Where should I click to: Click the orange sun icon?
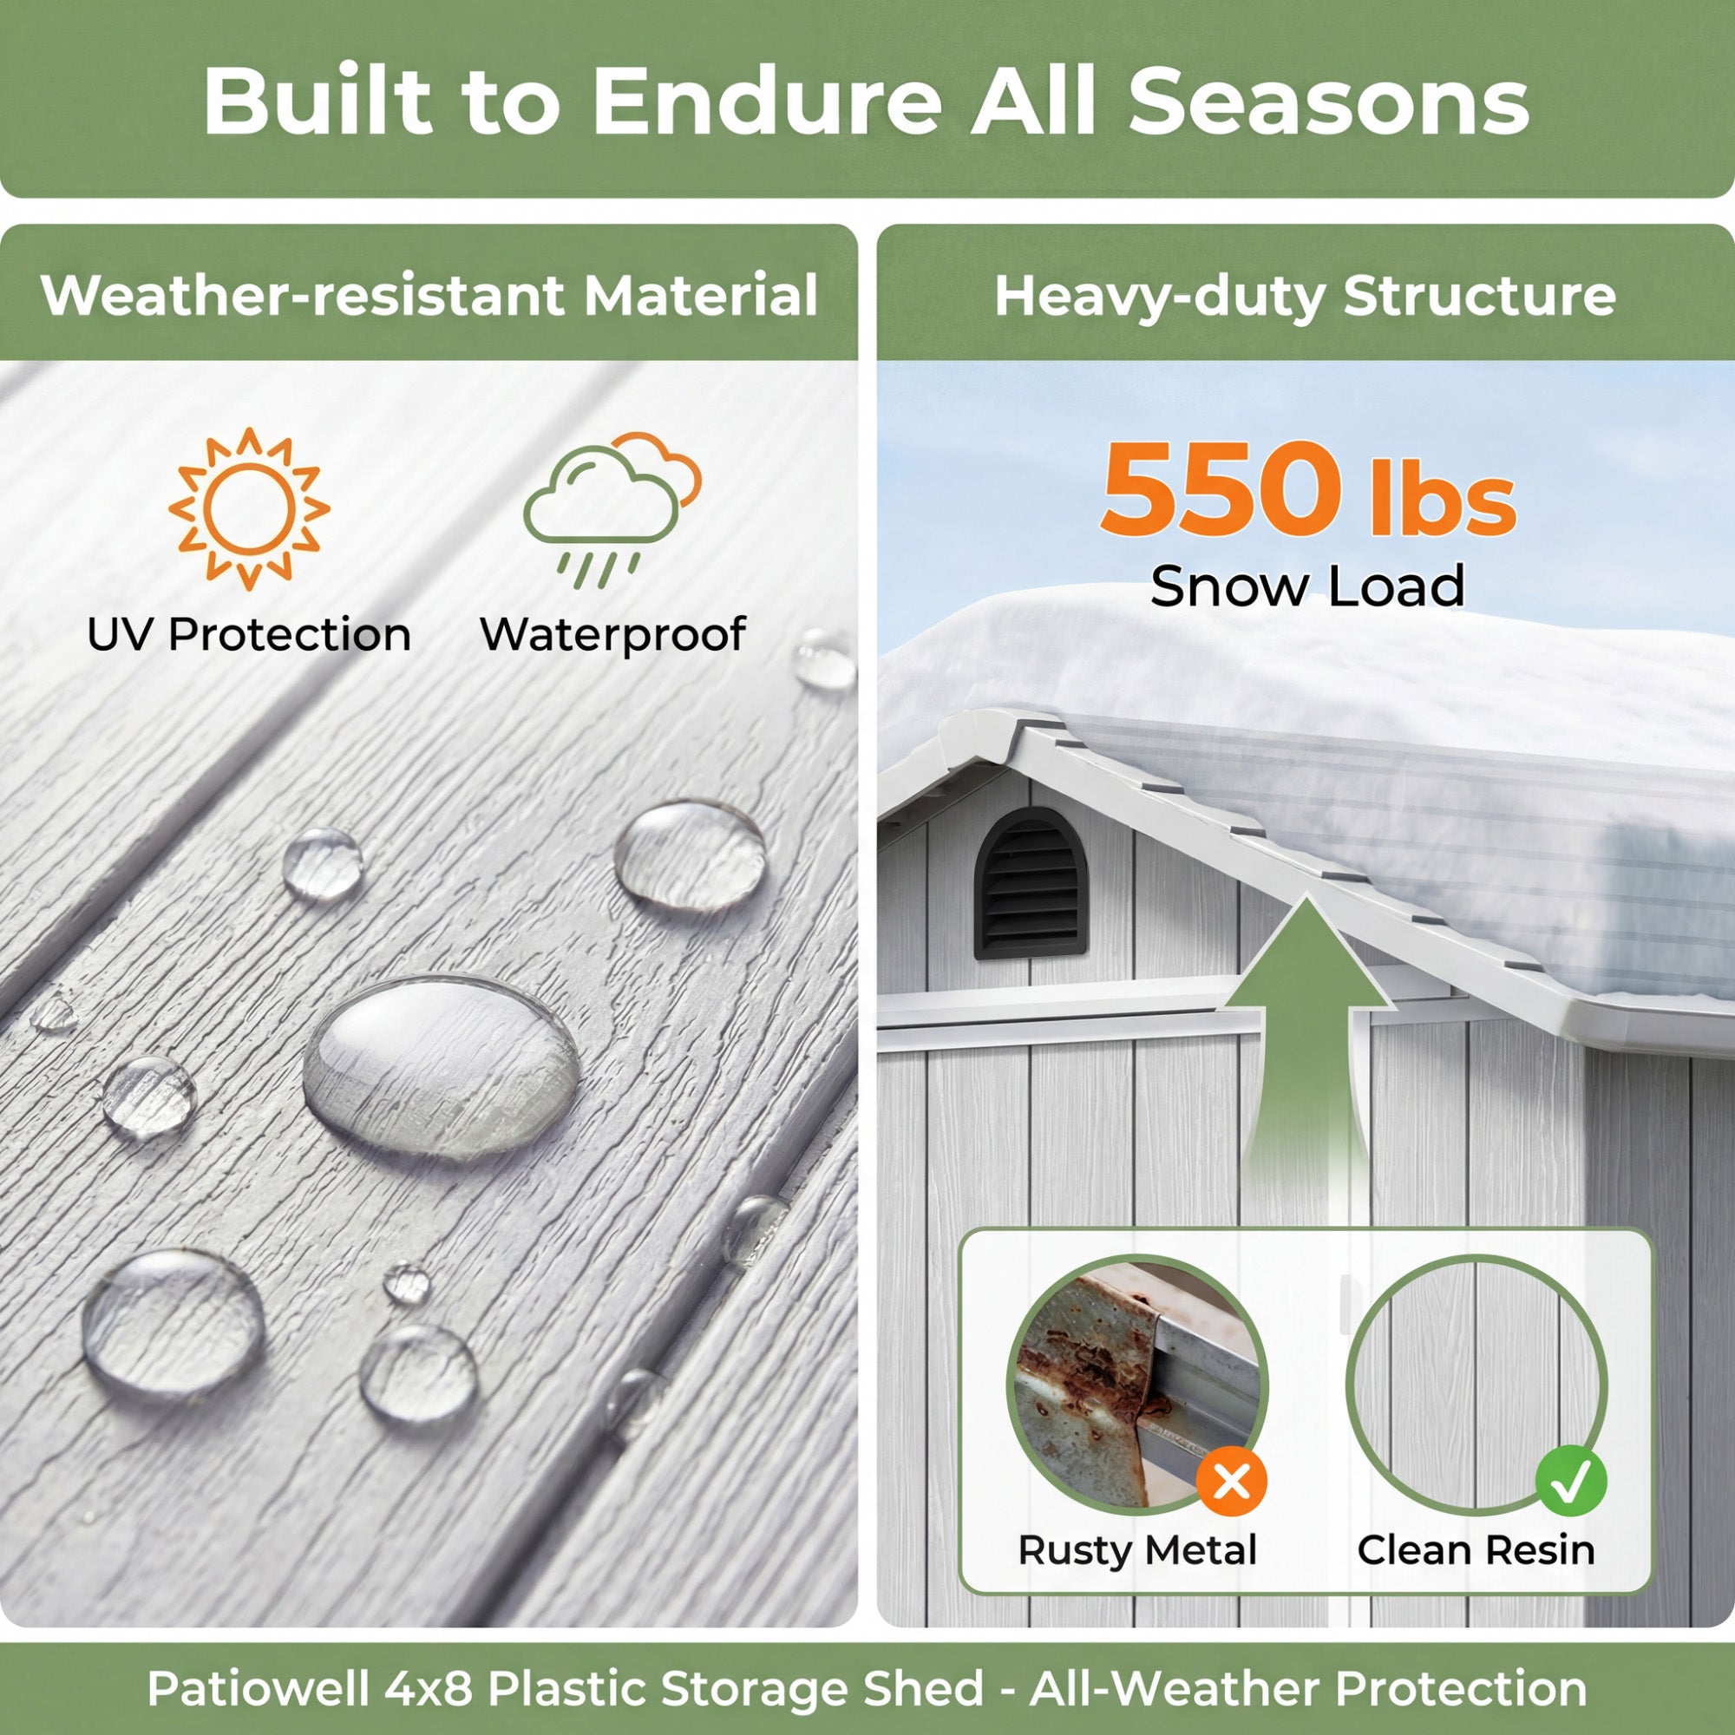point(249,509)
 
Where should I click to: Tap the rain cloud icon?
point(612,509)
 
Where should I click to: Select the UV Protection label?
point(249,635)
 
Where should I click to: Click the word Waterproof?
point(612,635)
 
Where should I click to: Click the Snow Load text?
point(1307,586)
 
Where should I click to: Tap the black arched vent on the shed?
point(1031,883)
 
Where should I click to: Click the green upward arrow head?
point(1307,951)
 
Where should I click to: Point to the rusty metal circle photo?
point(1137,1385)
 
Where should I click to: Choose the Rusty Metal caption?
point(1137,1551)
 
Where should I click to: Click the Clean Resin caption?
point(1476,1551)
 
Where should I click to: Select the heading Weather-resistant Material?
point(429,295)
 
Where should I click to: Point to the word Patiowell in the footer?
point(259,1688)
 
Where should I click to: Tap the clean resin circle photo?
point(1476,1385)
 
